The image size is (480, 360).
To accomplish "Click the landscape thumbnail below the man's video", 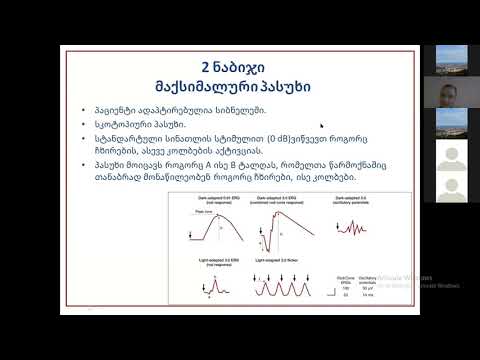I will point(445,124).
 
